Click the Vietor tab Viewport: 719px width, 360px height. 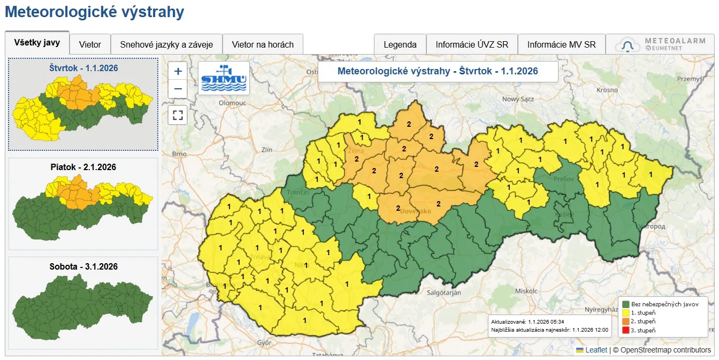click(x=90, y=44)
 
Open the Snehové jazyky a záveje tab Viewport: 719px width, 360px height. click(x=166, y=44)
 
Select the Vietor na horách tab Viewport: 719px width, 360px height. click(x=263, y=44)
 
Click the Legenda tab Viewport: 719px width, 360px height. click(x=400, y=44)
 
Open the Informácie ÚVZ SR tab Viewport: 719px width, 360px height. click(x=472, y=44)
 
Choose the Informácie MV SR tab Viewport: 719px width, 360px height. click(x=561, y=44)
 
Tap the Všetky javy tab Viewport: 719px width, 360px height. click(x=37, y=43)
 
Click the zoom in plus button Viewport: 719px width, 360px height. click(x=178, y=71)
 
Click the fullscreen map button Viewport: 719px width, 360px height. click(x=178, y=114)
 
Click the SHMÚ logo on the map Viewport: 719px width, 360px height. click(x=224, y=78)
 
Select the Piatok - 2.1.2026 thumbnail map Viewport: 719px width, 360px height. click(x=83, y=203)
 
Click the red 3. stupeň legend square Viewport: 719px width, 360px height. click(x=625, y=331)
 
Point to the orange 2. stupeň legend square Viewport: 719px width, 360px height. click(x=625, y=321)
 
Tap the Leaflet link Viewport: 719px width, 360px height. click(x=596, y=350)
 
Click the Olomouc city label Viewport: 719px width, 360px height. click(x=232, y=102)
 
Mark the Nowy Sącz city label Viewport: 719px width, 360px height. click(x=518, y=99)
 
